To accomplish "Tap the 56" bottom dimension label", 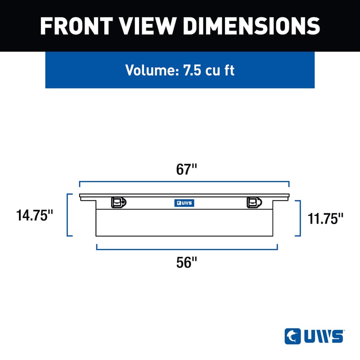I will [x=186, y=262].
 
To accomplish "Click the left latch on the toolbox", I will [x=118, y=203].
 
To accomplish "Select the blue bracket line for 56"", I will [x=187, y=249].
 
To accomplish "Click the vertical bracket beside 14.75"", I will [x=67, y=215].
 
